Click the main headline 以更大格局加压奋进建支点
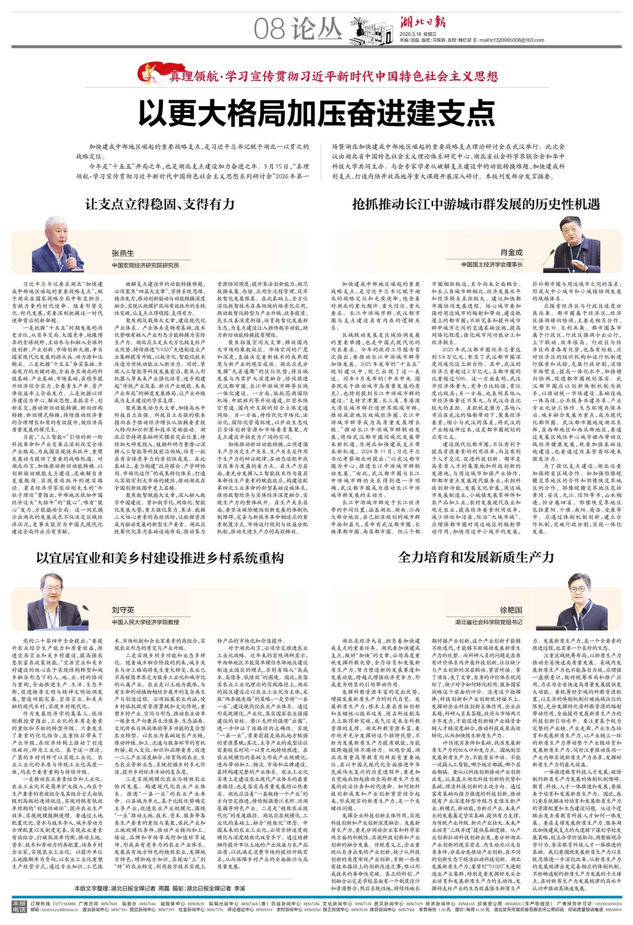(x=316, y=111)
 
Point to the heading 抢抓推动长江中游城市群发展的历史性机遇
(x=476, y=204)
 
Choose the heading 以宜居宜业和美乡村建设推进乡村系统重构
(x=160, y=558)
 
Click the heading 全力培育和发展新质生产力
(x=476, y=557)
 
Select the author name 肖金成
(x=511, y=253)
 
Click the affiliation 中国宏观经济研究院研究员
(x=145, y=265)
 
